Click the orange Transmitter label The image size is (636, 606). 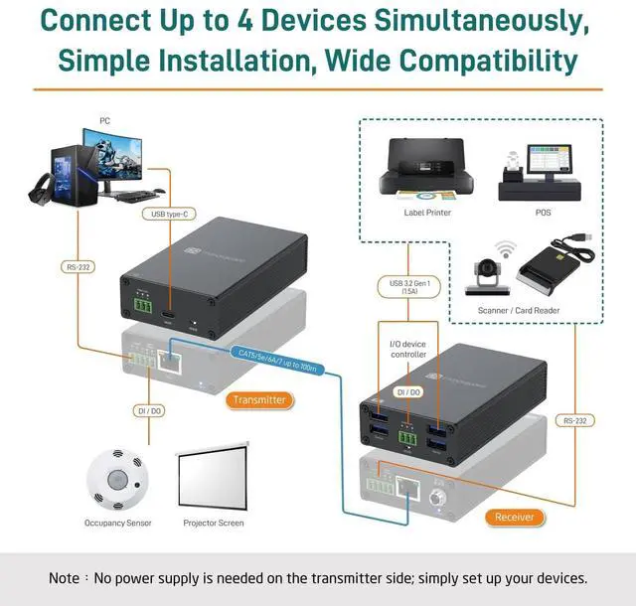click(x=259, y=400)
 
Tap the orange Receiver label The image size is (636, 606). click(x=514, y=517)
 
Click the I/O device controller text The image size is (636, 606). click(x=407, y=349)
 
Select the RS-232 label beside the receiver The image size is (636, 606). click(x=572, y=420)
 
